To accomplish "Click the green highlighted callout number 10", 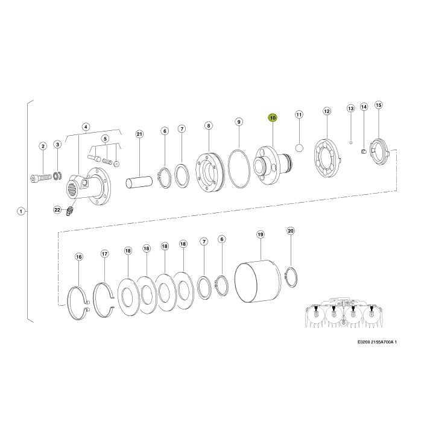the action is (x=273, y=118).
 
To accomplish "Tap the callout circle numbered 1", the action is (x=21, y=212).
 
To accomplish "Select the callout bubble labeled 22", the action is (x=57, y=210).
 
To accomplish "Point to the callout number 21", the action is (x=139, y=134).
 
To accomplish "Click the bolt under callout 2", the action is (x=41, y=178).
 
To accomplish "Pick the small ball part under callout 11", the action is (x=299, y=148).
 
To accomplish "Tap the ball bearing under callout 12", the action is (x=328, y=158).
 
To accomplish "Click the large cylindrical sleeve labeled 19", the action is (x=258, y=281).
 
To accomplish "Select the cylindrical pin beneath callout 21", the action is (x=139, y=182).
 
